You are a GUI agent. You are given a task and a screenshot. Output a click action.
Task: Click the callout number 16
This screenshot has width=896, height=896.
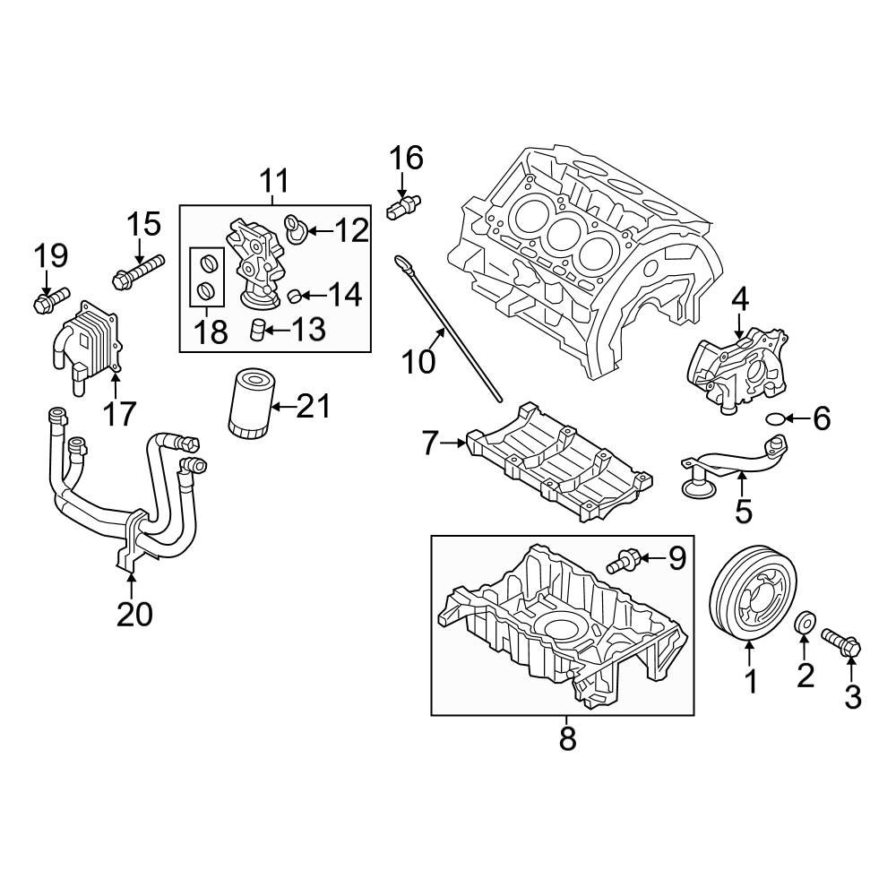pos(406,158)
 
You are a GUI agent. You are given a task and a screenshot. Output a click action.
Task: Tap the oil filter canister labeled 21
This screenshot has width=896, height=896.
pos(252,404)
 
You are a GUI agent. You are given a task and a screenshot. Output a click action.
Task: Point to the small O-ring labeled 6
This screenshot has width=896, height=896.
pos(774,419)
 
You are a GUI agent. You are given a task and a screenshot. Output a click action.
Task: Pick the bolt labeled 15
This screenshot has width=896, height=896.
pos(139,271)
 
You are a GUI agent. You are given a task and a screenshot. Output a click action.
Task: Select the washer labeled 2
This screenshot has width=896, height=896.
pos(805,623)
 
